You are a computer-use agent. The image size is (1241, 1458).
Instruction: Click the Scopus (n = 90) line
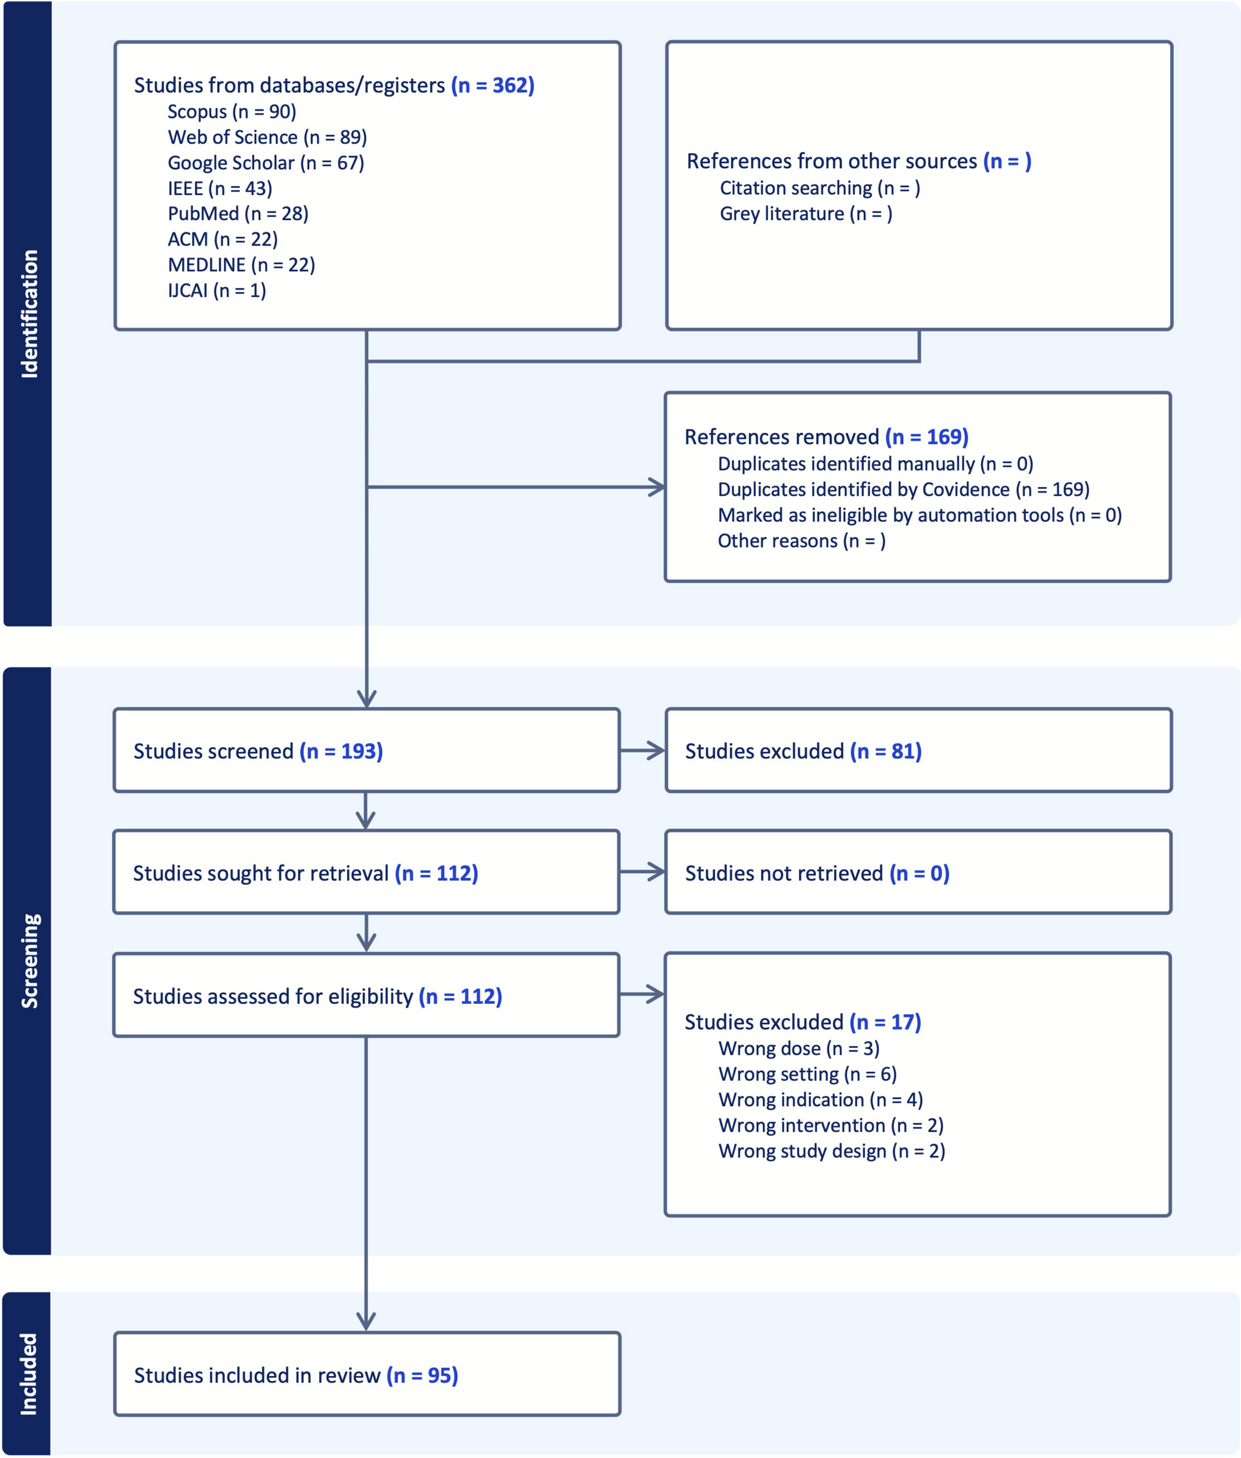coord(232,112)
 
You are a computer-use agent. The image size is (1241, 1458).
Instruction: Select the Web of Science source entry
coord(268,137)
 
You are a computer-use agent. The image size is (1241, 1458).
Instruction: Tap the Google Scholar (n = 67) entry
coord(266,163)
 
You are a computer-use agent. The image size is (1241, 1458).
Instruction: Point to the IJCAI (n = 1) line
coord(217,291)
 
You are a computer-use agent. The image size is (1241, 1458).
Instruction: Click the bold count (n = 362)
coord(492,85)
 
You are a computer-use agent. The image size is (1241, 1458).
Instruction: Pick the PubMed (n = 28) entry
coord(238,214)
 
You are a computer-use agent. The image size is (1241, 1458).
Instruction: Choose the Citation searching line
coord(819,189)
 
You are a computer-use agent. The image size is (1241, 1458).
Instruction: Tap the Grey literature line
coord(805,214)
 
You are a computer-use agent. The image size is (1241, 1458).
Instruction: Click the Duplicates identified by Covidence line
coord(903,489)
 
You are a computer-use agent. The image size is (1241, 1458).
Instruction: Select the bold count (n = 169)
coord(926,437)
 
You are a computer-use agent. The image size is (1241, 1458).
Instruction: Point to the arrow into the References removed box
coord(516,487)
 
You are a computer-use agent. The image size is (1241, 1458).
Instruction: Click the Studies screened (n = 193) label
coord(258,752)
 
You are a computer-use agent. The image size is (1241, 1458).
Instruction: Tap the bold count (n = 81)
coord(886,752)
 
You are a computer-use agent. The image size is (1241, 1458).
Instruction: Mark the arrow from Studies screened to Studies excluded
coord(642,751)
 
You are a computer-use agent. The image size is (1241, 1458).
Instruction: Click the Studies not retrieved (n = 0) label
coord(817,873)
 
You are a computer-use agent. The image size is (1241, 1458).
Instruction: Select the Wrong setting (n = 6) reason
coord(808,1074)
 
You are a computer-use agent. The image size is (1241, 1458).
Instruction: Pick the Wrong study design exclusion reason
coord(832,1151)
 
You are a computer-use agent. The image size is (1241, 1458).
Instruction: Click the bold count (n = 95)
coord(422,1376)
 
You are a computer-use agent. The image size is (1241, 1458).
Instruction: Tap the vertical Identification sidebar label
coord(29,314)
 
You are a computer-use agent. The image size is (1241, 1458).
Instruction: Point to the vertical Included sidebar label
coord(28,1374)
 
